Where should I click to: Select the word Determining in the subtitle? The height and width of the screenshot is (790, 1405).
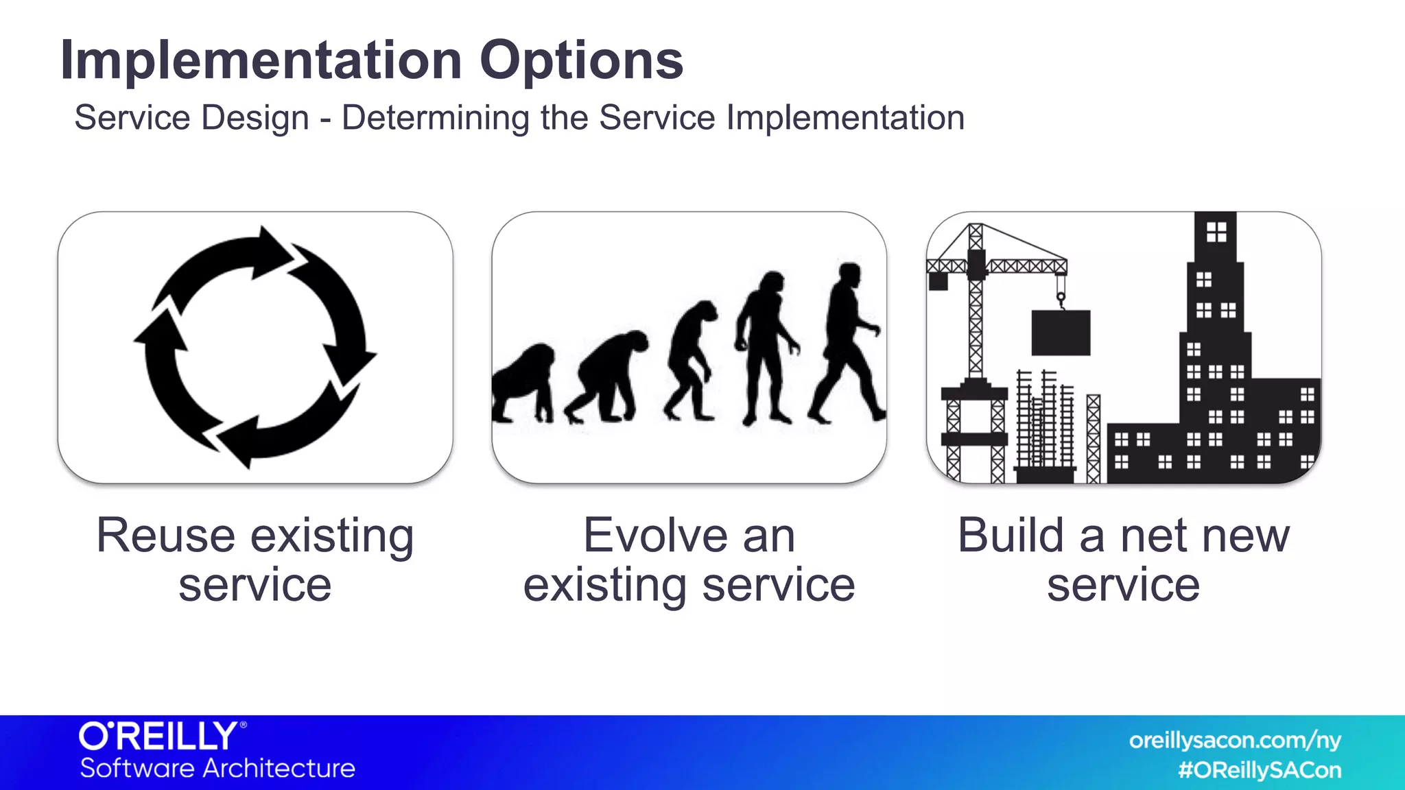pyautogui.click(x=435, y=118)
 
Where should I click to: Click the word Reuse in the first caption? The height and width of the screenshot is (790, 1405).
pyautogui.click(x=165, y=536)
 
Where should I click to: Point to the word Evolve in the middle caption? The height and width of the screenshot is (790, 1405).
pyautogui.click(x=654, y=536)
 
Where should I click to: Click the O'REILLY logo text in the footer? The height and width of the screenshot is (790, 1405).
pyautogui.click(x=159, y=737)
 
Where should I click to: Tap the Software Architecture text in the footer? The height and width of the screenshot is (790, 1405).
pyautogui.click(x=217, y=769)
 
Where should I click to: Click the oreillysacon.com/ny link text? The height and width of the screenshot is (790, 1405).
pyautogui.click(x=1235, y=741)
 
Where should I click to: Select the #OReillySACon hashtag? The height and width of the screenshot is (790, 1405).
pyautogui.click(x=1260, y=770)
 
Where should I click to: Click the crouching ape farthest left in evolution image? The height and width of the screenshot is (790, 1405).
pyautogui.click(x=523, y=384)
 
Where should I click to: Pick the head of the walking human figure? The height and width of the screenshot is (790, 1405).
pyautogui.click(x=850, y=274)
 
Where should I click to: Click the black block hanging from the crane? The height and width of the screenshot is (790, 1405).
pyautogui.click(x=1061, y=333)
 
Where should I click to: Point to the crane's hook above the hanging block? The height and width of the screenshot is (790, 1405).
pyautogui.click(x=1061, y=298)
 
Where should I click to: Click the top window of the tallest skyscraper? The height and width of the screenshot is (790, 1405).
pyautogui.click(x=1216, y=232)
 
